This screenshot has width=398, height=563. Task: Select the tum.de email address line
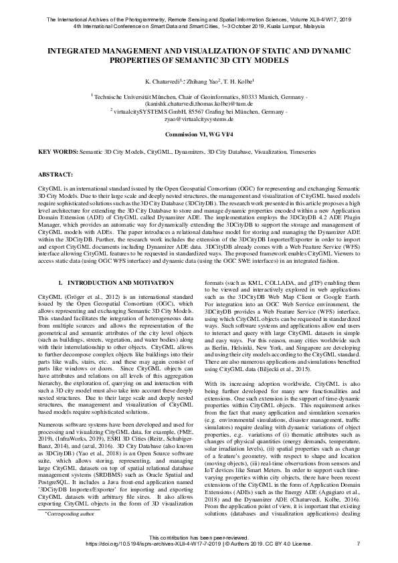tap(199, 104)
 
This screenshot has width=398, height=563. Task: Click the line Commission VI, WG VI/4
tap(199, 134)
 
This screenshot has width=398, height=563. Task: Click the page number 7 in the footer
tap(359, 544)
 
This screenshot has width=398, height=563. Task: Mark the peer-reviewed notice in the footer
tap(199, 538)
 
